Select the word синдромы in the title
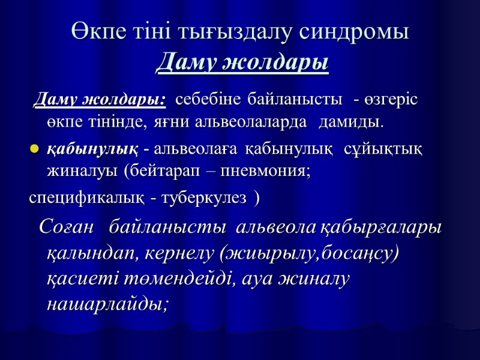[x=356, y=32]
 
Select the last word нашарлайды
[x=107, y=304]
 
